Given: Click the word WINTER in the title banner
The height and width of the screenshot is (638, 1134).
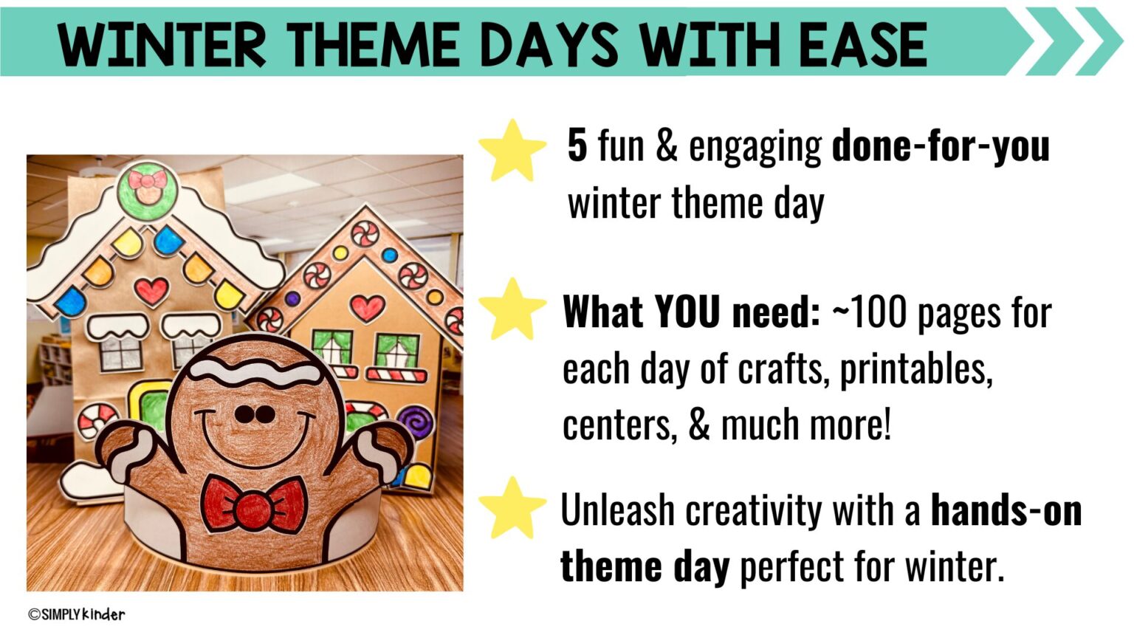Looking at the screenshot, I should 162,44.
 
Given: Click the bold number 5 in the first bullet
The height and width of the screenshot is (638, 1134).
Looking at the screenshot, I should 577,145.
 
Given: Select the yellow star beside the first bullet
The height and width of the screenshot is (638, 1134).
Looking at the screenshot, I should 512,151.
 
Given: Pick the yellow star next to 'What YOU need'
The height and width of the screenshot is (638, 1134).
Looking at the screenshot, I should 512,309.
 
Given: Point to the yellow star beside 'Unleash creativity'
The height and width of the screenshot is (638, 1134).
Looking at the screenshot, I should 512,508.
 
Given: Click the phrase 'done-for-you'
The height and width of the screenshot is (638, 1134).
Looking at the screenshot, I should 940,145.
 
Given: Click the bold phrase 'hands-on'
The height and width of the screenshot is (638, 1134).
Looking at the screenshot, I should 1006,510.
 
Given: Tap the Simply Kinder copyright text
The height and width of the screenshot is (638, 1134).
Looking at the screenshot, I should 77,614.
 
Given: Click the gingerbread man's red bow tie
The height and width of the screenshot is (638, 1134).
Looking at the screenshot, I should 254,505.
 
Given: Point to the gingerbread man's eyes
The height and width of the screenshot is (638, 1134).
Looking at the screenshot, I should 255,415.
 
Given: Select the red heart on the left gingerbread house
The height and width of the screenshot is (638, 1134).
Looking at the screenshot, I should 151,290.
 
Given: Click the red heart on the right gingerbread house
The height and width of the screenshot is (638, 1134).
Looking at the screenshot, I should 367,306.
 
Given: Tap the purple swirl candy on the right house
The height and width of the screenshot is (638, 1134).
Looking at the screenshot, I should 416,423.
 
